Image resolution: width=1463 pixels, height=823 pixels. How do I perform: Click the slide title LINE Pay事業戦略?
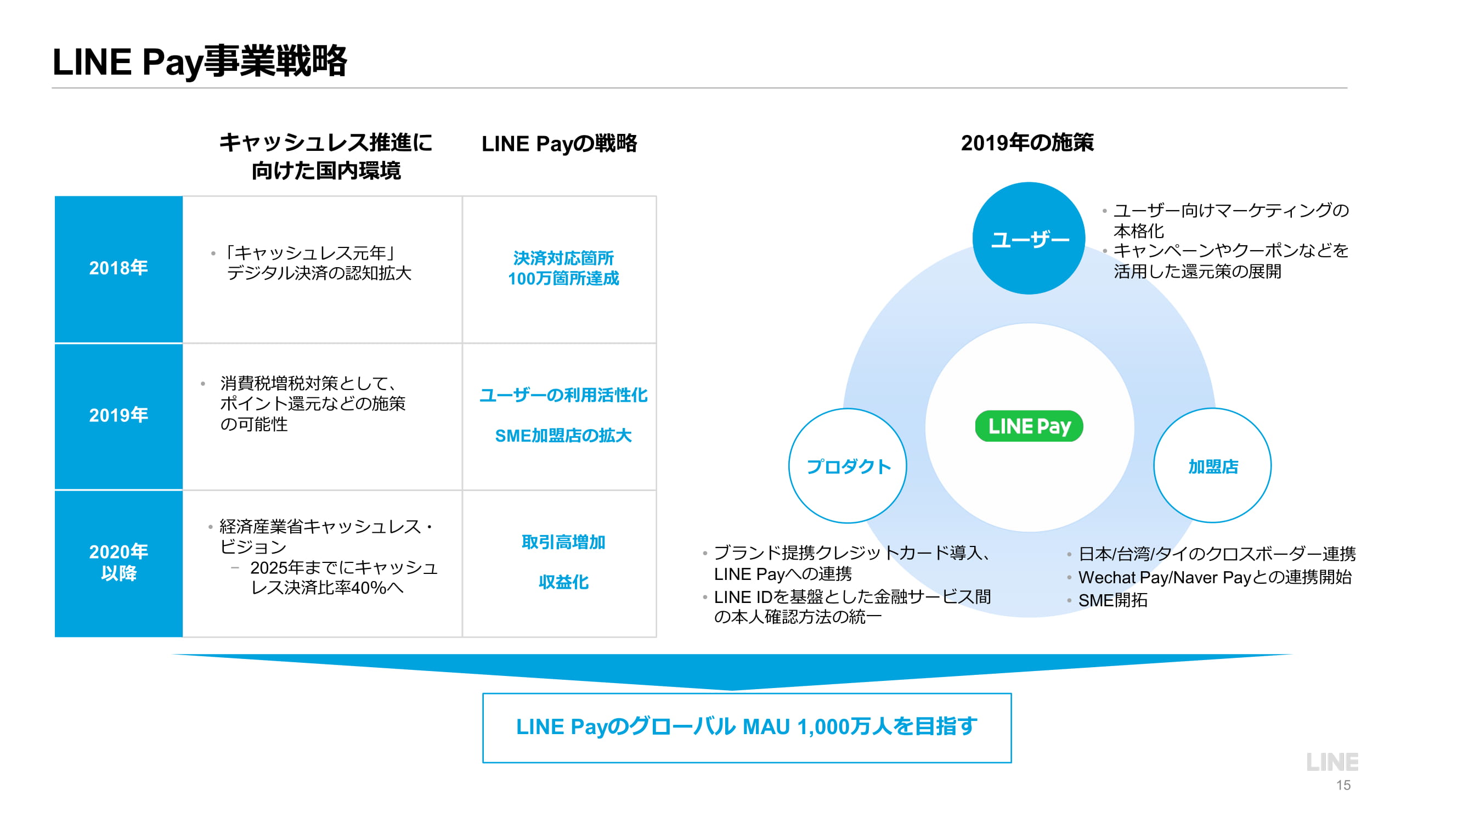click(199, 61)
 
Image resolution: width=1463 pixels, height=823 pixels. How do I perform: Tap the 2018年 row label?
click(118, 268)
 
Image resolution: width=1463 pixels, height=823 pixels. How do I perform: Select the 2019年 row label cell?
click(118, 415)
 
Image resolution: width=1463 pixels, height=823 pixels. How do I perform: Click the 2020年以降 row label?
click(118, 562)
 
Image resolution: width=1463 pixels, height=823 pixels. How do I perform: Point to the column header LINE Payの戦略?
click(559, 144)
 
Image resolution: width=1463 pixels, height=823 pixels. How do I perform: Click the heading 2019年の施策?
click(1027, 143)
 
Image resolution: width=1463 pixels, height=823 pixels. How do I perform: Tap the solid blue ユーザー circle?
click(1029, 239)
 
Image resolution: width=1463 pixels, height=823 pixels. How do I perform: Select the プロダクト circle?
click(848, 466)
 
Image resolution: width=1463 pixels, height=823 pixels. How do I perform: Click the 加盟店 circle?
click(1212, 466)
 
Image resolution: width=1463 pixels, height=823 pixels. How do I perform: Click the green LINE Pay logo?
click(1029, 426)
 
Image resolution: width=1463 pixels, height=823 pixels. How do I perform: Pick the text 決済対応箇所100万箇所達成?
click(563, 268)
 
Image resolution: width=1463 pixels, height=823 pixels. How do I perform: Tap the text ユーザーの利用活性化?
click(563, 394)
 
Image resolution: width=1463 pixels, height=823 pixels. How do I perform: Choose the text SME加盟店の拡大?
click(563, 436)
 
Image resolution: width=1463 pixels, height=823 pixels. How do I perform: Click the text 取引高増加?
click(563, 542)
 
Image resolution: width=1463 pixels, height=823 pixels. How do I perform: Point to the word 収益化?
click(563, 582)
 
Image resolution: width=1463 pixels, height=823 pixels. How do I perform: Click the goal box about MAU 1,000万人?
click(746, 727)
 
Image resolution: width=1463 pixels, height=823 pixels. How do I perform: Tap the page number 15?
click(1343, 785)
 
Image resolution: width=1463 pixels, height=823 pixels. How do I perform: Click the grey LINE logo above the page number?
click(1332, 762)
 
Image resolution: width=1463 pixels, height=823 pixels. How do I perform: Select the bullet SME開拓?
click(1112, 600)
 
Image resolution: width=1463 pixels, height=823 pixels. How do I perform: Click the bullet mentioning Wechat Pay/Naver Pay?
click(1215, 577)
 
